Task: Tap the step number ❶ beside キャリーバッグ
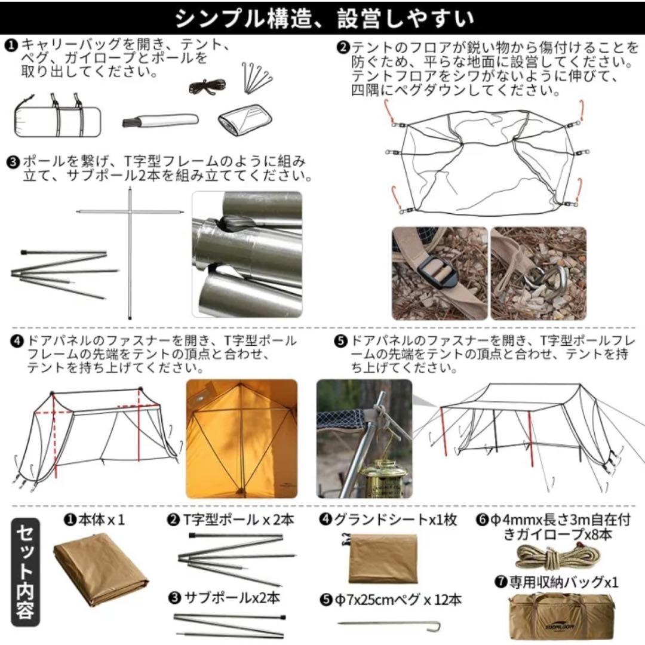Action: point(12,45)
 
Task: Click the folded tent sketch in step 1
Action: point(242,119)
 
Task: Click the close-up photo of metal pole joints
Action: point(247,254)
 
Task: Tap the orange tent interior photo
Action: point(241,438)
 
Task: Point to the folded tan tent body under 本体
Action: point(100,573)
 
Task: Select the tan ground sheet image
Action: point(382,558)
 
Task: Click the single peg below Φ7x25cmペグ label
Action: point(389,625)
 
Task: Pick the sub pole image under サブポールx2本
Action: point(230,624)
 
